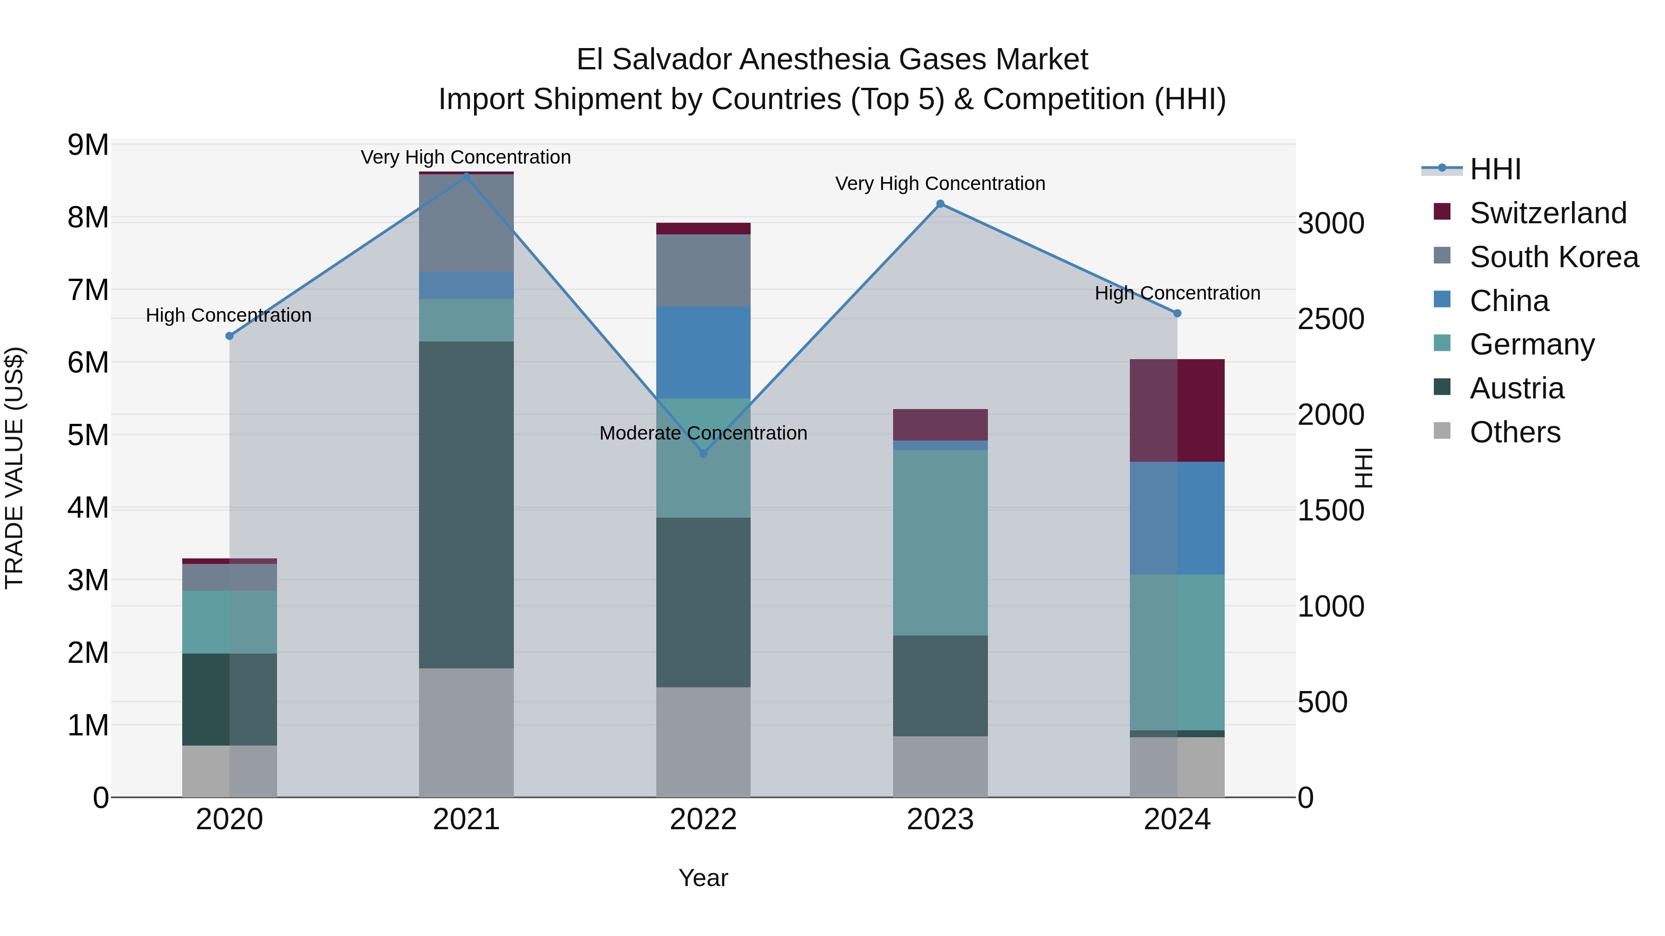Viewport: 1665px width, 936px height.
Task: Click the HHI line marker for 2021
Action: click(466, 176)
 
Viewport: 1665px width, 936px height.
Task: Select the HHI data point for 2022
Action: click(703, 453)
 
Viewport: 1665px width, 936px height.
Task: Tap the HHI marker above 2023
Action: click(940, 204)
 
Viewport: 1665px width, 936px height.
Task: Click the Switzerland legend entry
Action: click(1548, 213)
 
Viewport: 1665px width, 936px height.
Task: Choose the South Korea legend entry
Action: click(1554, 257)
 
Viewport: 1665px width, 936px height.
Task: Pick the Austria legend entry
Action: click(1517, 388)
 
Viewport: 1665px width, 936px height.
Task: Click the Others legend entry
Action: click(1514, 432)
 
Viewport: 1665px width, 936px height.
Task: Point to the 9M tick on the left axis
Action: click(88, 145)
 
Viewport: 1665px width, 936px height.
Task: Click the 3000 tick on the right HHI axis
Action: click(1330, 224)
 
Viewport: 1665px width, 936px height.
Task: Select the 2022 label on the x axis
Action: click(703, 820)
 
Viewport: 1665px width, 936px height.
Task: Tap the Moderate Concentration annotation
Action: click(703, 433)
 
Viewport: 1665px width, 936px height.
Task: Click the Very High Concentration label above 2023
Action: click(940, 184)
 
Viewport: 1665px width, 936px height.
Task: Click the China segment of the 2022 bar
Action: click(703, 352)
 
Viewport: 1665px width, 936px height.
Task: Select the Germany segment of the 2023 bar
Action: click(940, 543)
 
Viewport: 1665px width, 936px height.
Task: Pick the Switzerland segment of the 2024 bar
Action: click(1177, 410)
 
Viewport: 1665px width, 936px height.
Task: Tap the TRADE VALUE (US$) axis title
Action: click(14, 468)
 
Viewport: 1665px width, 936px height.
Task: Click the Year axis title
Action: click(703, 878)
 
